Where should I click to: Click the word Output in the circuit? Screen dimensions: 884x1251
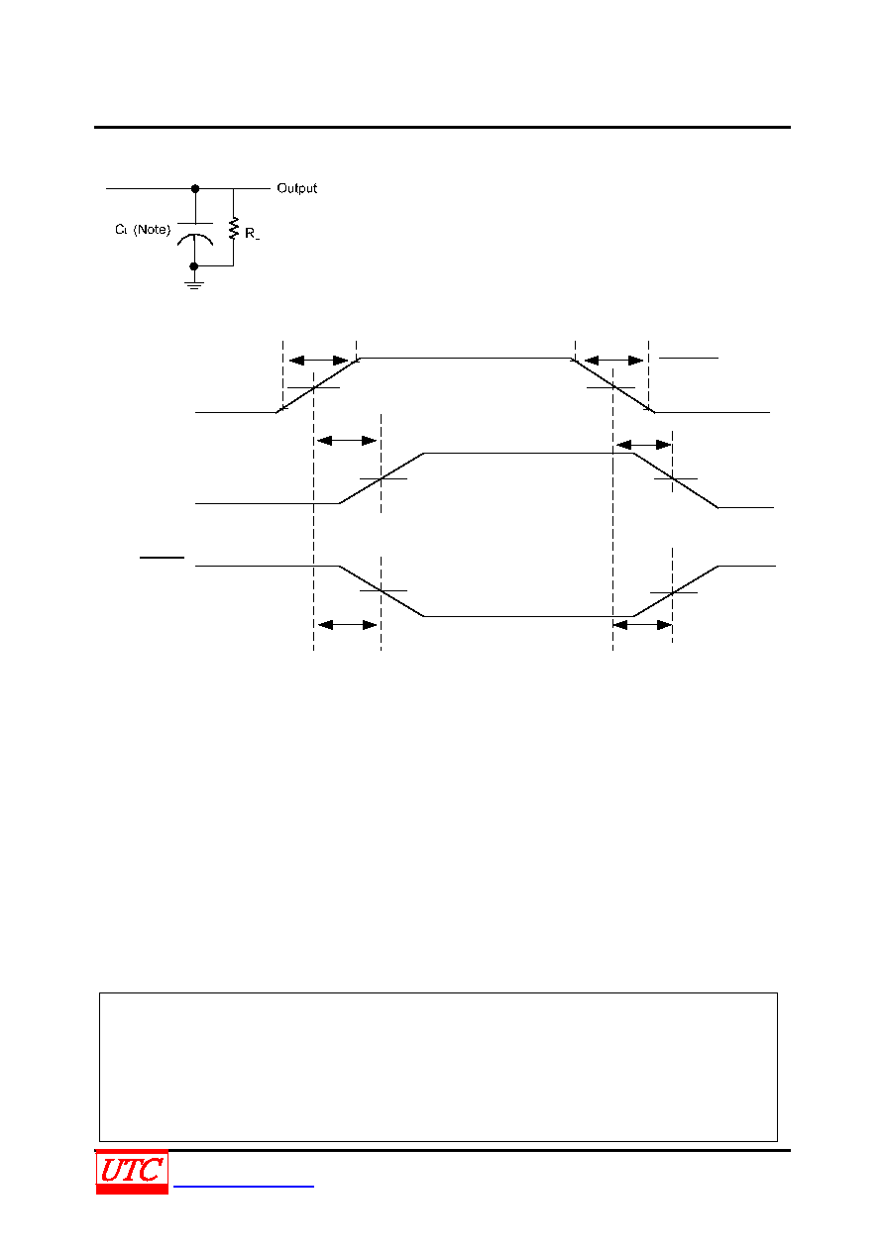pyautogui.click(x=296, y=188)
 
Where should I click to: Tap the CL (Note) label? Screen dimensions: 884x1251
pyautogui.click(x=143, y=230)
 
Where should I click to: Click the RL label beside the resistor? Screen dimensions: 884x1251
pyautogui.click(x=252, y=234)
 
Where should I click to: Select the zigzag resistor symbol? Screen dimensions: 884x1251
pyautogui.click(x=234, y=228)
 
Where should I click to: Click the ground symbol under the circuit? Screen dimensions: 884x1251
pyautogui.click(x=194, y=285)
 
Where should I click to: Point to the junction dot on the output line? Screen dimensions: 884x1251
pyautogui.click(x=195, y=189)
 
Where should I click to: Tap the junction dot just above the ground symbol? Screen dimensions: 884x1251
pyautogui.click(x=194, y=266)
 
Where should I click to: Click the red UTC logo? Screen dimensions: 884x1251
pyautogui.click(x=132, y=1171)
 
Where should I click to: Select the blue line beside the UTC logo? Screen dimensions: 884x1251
pyautogui.click(x=244, y=1187)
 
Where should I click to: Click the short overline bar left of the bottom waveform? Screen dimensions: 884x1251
pyautogui.click(x=163, y=558)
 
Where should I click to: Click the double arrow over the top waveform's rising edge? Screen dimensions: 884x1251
pyautogui.click(x=318, y=361)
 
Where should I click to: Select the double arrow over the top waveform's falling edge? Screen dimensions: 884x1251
pyautogui.click(x=613, y=361)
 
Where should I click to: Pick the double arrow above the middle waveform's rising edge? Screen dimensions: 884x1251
pyautogui.click(x=347, y=441)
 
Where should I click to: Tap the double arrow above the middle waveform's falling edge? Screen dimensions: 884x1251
pyautogui.click(x=644, y=445)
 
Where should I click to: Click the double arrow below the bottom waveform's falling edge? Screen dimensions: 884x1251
pyautogui.click(x=348, y=625)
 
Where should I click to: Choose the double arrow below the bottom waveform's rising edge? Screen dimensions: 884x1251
pyautogui.click(x=642, y=625)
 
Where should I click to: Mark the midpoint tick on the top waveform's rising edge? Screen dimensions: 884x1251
pyautogui.click(x=313, y=387)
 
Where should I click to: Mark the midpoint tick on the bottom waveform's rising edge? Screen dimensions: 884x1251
pyautogui.click(x=674, y=592)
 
